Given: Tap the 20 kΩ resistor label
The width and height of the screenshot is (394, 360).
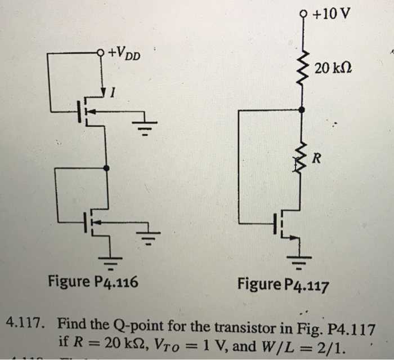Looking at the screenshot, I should [334, 69].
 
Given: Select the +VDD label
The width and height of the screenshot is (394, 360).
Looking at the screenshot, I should [126, 55].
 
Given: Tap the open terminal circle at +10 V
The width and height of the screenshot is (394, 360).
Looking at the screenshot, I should [305, 13].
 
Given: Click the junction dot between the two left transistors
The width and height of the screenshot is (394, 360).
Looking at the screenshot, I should [106, 168].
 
